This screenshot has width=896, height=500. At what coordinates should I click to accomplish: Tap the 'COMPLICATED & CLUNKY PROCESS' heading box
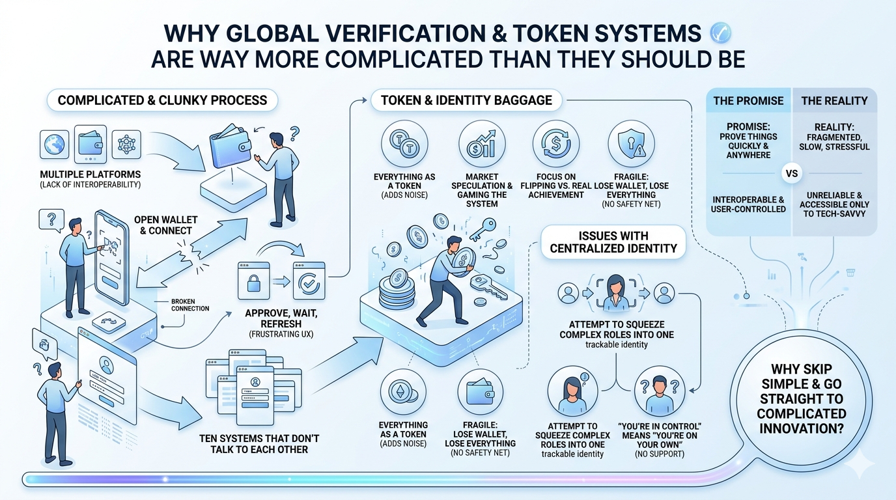(x=162, y=100)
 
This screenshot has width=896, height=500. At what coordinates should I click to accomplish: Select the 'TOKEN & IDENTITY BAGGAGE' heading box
(x=466, y=100)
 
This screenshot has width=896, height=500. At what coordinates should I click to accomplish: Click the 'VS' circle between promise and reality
(x=792, y=174)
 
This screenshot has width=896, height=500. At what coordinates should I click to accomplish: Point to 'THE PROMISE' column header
(x=749, y=101)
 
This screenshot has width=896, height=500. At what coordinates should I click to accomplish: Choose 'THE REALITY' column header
(x=834, y=101)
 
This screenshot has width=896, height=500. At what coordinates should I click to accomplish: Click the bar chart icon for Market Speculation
(x=482, y=143)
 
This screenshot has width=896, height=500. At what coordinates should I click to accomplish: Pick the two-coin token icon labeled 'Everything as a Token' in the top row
(x=404, y=143)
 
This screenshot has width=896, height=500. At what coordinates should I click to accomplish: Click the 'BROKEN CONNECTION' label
(x=190, y=305)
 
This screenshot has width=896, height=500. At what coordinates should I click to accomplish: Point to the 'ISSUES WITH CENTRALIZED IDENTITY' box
(x=613, y=242)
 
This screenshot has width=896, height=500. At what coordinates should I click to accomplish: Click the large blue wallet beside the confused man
(x=231, y=149)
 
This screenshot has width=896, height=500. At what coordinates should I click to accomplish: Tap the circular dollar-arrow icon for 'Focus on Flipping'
(x=555, y=143)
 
